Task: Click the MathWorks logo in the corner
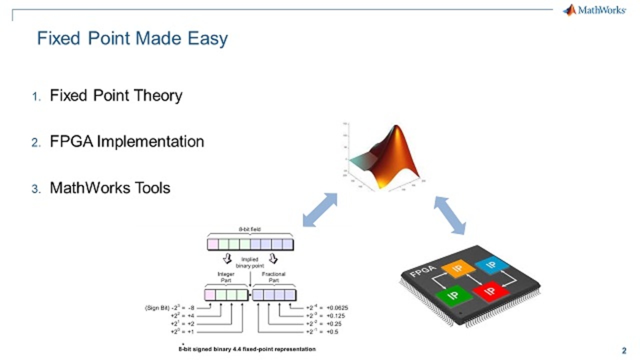tap(594, 10)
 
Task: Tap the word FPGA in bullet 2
tap(71, 141)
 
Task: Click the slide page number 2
tap(623, 350)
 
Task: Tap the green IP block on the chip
tap(453, 295)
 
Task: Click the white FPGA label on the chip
tap(423, 270)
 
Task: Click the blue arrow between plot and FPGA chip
tap(449, 215)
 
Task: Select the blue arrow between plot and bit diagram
tap(320, 210)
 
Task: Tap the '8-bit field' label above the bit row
tap(250, 229)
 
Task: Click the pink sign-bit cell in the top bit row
tap(213, 244)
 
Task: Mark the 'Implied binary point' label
tap(249, 263)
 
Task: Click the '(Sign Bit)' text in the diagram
tap(156, 308)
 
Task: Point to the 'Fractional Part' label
tap(273, 277)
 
